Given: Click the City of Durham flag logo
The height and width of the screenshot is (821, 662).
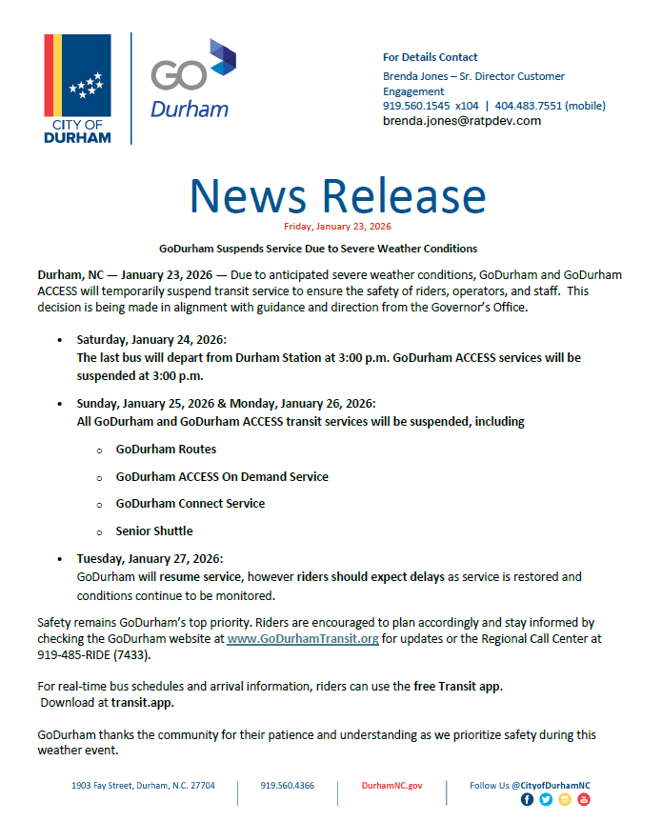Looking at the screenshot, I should click(77, 89).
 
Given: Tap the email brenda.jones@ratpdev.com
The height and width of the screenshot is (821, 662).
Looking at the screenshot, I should click(461, 121).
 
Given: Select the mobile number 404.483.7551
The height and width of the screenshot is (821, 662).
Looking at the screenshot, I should click(534, 106).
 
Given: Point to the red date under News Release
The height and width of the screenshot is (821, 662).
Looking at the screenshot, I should click(337, 227).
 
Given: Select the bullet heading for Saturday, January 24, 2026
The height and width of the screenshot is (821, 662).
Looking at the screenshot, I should click(151, 340).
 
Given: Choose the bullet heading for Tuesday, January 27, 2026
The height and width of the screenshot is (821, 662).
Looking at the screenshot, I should click(150, 558).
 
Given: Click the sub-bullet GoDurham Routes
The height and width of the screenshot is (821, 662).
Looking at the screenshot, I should click(166, 449).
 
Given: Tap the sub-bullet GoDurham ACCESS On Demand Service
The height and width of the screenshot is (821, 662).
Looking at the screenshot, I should click(222, 476).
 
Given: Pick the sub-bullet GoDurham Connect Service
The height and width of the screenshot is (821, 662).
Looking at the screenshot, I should click(191, 503).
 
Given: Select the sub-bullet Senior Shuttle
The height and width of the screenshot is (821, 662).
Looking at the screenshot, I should click(154, 531).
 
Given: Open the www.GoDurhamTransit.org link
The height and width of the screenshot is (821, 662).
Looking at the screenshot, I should click(303, 639).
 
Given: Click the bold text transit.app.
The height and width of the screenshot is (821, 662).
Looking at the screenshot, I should click(142, 703).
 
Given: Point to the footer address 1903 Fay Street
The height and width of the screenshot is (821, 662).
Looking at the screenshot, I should click(143, 786).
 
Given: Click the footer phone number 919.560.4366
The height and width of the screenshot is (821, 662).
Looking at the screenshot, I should click(288, 786).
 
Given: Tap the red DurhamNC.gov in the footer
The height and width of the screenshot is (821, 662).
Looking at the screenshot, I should click(391, 786).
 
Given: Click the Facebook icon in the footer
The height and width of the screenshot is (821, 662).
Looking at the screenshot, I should click(528, 800).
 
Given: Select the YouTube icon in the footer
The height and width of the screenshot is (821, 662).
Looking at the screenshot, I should click(584, 800).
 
